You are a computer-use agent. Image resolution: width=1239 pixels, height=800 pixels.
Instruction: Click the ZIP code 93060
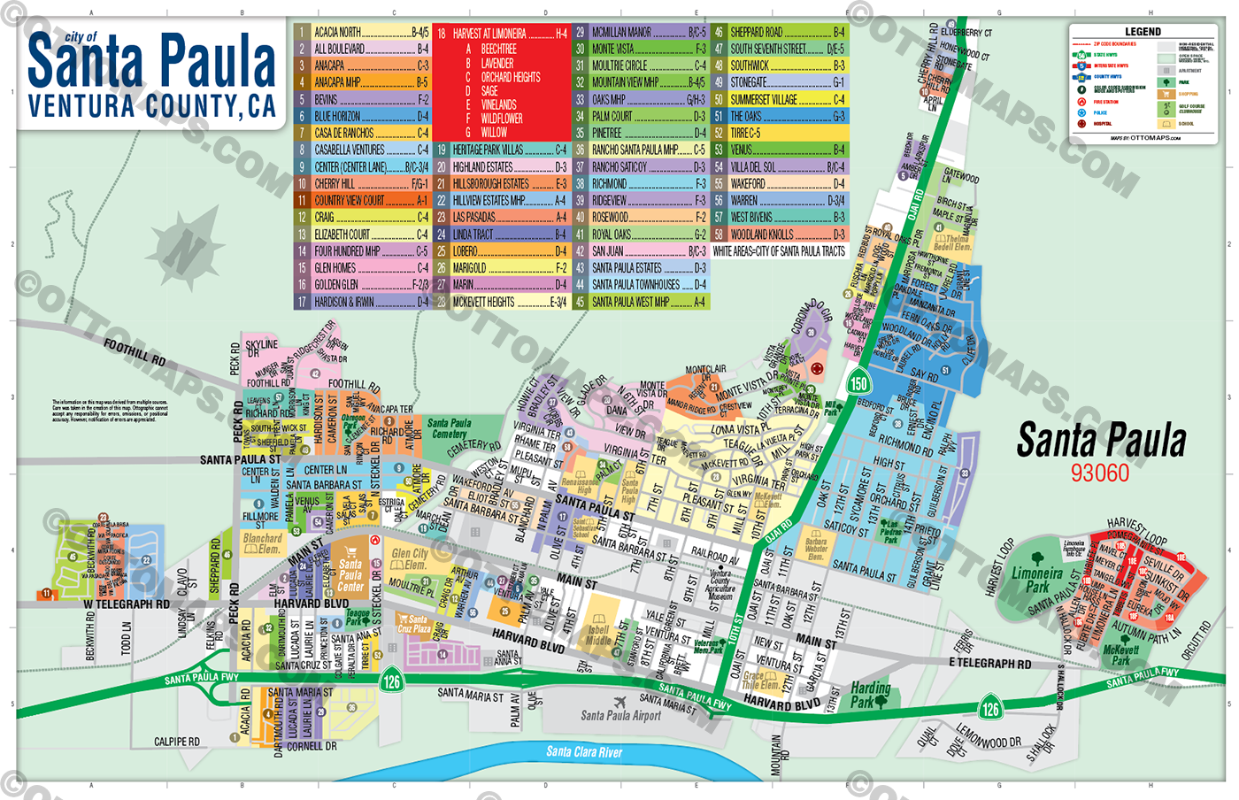coord(1100,473)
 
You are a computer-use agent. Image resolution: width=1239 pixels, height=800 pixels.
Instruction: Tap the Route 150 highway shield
coord(858,383)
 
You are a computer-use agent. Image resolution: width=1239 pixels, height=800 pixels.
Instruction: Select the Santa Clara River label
coord(584,752)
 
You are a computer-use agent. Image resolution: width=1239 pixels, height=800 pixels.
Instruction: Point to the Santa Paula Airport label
coord(620,715)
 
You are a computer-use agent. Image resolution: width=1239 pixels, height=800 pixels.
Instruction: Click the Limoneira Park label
coord(1036,580)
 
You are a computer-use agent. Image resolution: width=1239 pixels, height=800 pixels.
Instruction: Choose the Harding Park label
coord(870,695)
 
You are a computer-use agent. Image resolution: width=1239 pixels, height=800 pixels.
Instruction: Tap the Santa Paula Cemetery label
coord(449,429)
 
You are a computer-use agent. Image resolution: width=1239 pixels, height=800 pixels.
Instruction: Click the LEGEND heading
coord(1143,32)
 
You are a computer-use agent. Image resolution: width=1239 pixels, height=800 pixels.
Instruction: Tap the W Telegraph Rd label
coord(126,604)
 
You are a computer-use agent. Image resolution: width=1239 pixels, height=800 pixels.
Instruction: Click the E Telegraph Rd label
coord(989,663)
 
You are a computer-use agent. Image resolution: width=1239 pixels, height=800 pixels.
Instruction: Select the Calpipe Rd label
coord(176,742)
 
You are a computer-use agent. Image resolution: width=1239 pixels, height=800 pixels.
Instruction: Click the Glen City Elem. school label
coord(409,558)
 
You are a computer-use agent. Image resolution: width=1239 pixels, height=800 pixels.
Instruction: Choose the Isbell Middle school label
coord(598,635)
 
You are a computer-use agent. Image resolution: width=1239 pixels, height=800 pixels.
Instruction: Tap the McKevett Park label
coord(1120,655)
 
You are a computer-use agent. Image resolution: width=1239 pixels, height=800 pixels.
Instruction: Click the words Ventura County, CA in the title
coord(151,107)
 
